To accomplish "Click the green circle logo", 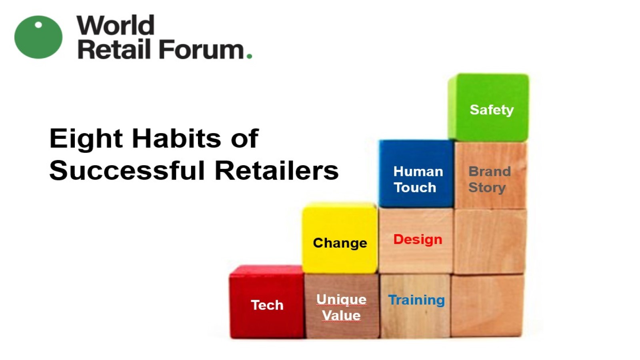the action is (38, 37).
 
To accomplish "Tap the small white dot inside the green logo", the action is (38, 25).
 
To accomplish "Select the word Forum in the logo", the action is (201, 49).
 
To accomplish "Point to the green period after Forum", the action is (249, 56).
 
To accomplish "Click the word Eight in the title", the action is (86, 139).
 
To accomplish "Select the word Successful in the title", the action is (127, 170).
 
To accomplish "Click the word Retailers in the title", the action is (276, 170).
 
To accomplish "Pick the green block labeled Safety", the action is (489, 108).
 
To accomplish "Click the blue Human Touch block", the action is (416, 174).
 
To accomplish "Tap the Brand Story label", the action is (490, 180).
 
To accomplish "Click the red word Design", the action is (418, 240).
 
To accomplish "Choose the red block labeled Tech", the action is (266, 302).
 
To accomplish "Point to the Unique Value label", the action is (342, 308).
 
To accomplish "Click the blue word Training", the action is (416, 300).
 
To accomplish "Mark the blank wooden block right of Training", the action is (487, 306).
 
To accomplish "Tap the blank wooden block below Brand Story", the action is (490, 242).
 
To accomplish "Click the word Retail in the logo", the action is (114, 49).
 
